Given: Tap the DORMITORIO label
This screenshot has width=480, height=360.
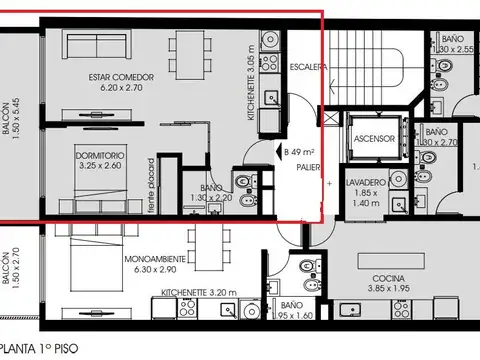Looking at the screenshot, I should tap(100, 156).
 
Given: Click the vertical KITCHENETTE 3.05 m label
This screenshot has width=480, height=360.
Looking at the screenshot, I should tap(250, 89).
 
